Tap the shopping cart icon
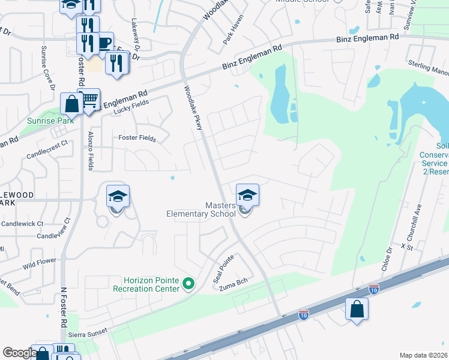tap(89, 99)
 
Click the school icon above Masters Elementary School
tap(247, 194)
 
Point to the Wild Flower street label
tap(40, 262)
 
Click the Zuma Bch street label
tap(234, 285)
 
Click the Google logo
tap(20, 353)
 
